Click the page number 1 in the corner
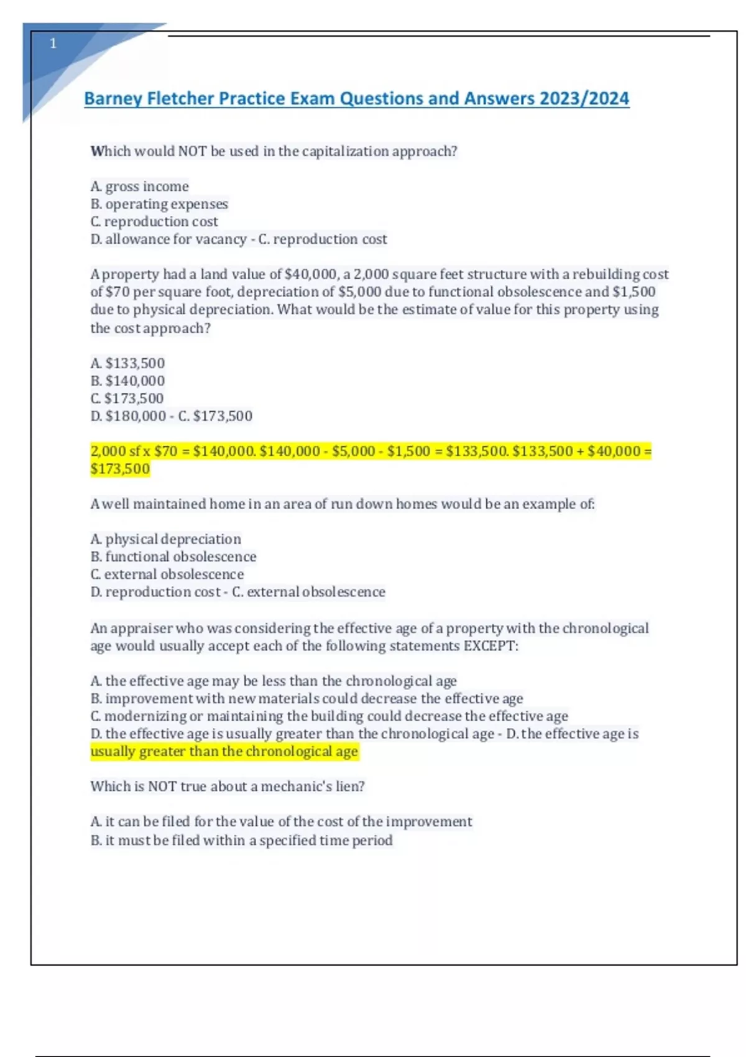coord(53,44)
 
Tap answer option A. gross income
coord(139,187)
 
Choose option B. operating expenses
coord(159,204)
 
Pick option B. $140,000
coord(127,381)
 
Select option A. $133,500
coord(127,363)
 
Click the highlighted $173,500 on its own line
coord(120,469)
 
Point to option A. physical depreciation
coord(165,539)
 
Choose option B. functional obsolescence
coord(173,556)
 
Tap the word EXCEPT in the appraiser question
coord(489,646)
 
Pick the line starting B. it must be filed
coord(241,841)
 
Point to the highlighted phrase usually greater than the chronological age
coord(224,752)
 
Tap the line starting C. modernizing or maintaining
coord(329,716)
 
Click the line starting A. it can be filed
coord(281,822)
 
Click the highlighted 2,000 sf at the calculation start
coord(115,451)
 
